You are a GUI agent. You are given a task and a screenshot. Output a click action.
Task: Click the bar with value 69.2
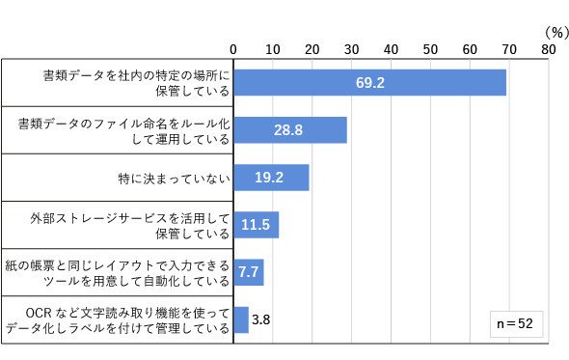(x=369, y=82)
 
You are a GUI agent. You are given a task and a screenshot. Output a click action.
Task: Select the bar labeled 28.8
(x=290, y=130)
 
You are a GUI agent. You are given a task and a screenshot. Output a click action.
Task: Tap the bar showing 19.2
(x=271, y=178)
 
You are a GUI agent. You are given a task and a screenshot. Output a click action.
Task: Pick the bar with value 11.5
(x=257, y=225)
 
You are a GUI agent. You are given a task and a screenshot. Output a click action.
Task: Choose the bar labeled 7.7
(x=249, y=272)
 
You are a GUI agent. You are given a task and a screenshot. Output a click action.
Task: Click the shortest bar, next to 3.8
(x=241, y=319)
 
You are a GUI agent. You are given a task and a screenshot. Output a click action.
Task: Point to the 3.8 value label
(x=261, y=319)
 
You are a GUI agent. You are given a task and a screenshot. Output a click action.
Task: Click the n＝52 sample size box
(x=516, y=324)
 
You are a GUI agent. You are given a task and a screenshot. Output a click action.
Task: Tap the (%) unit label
(x=556, y=33)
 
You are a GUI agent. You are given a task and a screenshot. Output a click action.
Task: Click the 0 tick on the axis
(x=233, y=49)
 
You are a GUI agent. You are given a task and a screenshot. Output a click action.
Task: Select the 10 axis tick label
(x=273, y=49)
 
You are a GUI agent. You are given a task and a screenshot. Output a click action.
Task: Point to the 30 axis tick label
(x=351, y=49)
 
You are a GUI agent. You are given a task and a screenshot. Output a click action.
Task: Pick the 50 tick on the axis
(x=430, y=49)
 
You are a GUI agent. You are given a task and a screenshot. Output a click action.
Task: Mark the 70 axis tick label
(x=509, y=49)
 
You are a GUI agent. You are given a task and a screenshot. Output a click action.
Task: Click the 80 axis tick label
(x=549, y=49)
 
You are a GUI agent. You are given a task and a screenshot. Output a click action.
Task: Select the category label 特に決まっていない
(x=175, y=179)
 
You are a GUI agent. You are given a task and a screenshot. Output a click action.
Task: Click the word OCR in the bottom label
(x=39, y=313)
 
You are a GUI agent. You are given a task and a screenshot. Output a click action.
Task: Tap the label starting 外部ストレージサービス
(x=130, y=226)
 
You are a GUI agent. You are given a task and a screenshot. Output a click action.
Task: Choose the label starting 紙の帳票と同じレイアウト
(x=118, y=273)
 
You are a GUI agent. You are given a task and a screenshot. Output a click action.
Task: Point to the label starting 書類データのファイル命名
(x=123, y=131)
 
